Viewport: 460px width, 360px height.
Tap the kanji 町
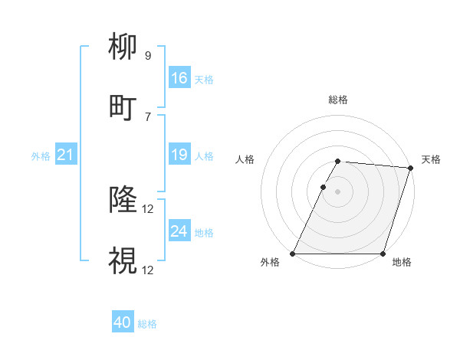(123, 108)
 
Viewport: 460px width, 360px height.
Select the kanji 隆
(123, 201)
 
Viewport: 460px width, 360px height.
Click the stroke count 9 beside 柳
(148, 55)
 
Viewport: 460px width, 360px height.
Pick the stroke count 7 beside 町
(148, 116)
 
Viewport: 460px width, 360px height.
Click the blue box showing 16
(179, 78)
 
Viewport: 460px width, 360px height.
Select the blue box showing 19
(179, 155)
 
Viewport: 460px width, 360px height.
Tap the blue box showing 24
(179, 231)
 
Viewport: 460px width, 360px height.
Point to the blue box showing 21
(65, 155)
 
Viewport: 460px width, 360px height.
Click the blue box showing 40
(123, 323)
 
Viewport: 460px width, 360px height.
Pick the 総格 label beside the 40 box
(148, 324)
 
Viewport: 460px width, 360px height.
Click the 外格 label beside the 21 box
(41, 156)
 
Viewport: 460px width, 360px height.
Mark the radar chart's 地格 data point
(383, 254)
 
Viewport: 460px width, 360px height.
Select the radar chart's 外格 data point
(293, 254)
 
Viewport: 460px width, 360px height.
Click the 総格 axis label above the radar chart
(338, 100)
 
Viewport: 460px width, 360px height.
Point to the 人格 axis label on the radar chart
(245, 159)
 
